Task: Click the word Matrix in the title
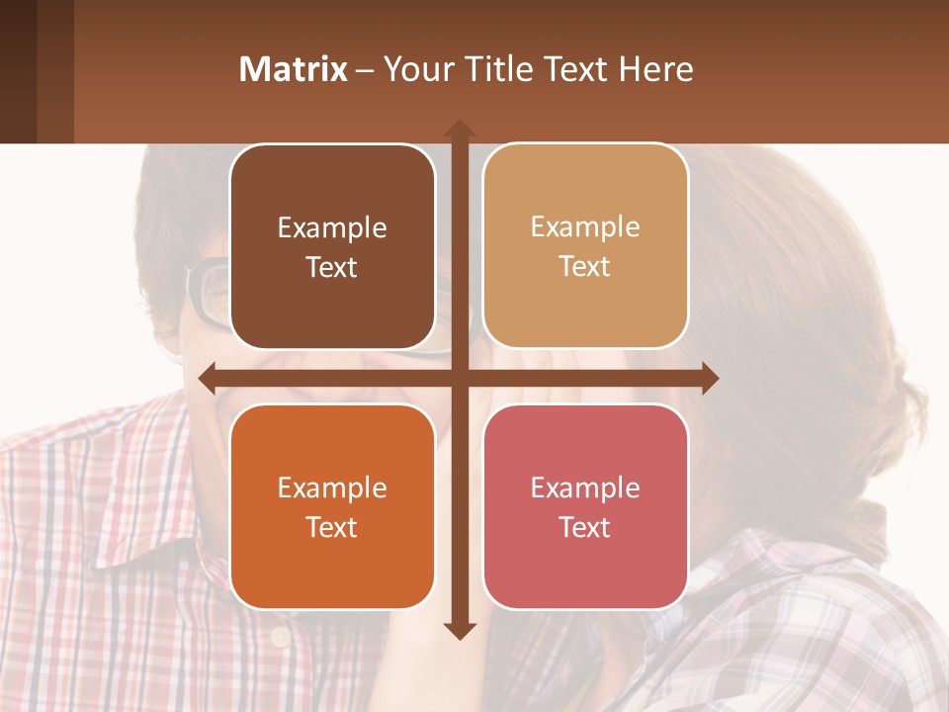click(294, 69)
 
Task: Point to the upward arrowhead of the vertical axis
click(459, 129)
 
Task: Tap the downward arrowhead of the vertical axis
click(459, 630)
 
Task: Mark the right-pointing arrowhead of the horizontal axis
click(709, 378)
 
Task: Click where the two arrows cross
click(459, 378)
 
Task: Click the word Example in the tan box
click(585, 226)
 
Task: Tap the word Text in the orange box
click(332, 527)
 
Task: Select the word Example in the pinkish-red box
click(585, 488)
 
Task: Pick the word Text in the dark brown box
click(332, 267)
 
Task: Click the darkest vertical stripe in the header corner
click(18, 71)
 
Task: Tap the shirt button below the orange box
click(283, 632)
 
